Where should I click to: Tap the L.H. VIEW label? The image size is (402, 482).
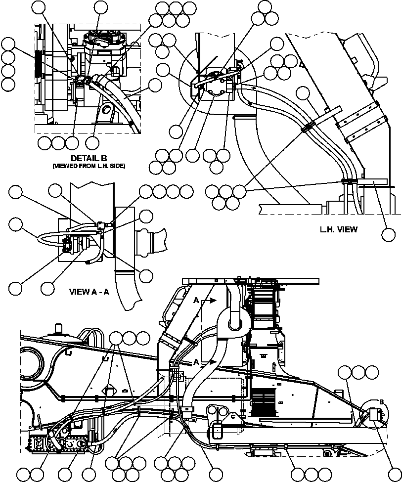point(338,229)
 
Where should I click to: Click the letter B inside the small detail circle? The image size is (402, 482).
point(381,402)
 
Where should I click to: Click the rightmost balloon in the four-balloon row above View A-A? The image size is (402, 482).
point(186,191)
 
